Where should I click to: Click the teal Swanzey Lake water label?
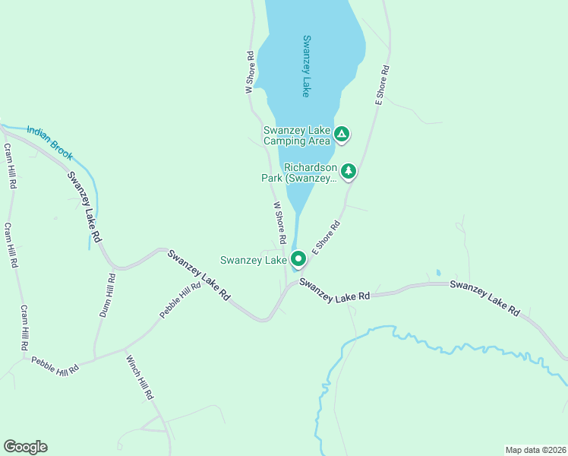point(306,66)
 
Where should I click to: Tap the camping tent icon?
point(342,135)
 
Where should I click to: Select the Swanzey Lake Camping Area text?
point(297,135)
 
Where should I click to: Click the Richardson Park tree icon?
point(349,171)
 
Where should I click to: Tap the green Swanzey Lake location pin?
point(298,259)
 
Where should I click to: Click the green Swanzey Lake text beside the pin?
point(253,260)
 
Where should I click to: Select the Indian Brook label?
point(50,142)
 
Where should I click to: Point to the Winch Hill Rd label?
point(140,378)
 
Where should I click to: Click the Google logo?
point(25,447)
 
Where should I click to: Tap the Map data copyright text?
point(535,449)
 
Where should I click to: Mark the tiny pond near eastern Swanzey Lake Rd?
point(438,272)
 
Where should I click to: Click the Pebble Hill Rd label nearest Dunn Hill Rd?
point(180,300)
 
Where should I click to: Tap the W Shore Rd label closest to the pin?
point(279,223)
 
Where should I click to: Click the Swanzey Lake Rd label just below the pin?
point(334,289)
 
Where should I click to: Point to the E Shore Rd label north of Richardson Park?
point(382,84)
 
